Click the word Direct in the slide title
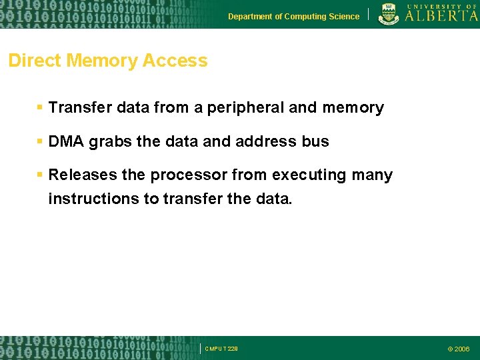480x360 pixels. coord(33,61)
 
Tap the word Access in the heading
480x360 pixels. coord(175,61)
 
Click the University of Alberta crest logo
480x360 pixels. coord(389,14)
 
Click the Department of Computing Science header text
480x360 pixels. coord(293,17)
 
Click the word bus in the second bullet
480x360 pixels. coord(316,141)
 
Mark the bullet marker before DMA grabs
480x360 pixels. coord(40,141)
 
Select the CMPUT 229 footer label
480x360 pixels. coord(221,349)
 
